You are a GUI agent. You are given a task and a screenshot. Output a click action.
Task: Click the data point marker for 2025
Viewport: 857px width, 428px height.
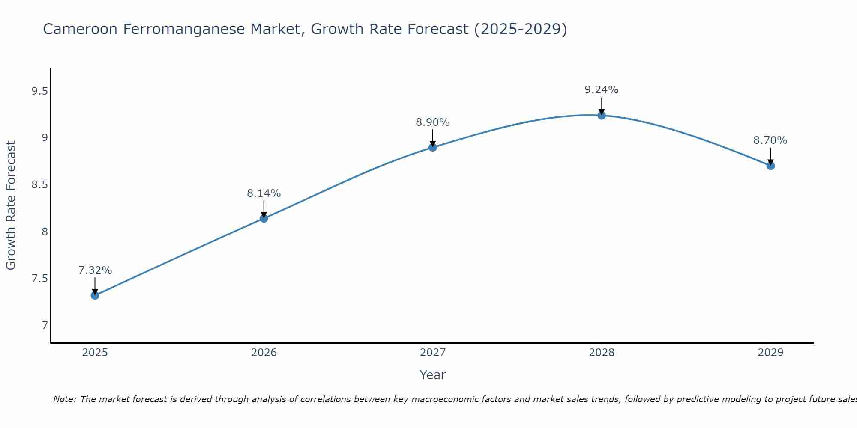coord(95,295)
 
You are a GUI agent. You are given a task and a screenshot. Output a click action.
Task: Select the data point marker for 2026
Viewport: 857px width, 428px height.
coord(264,218)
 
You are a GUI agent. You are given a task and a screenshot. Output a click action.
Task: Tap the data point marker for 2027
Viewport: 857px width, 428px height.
coord(433,147)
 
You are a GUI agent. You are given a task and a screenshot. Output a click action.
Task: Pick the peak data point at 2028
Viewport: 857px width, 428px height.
coord(602,115)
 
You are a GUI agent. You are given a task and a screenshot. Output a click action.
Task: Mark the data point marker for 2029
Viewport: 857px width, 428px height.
coord(770,166)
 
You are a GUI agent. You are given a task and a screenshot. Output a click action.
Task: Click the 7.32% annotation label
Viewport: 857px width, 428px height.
coord(95,270)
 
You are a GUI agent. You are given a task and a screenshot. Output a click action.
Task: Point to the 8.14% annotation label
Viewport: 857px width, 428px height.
coord(264,193)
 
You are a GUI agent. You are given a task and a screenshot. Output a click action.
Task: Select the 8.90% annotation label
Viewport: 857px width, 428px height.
coord(433,122)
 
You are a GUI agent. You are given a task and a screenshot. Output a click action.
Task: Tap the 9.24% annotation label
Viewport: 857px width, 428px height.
coord(602,90)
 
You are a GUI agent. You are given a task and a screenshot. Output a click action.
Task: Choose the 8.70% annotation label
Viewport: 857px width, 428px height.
coord(770,140)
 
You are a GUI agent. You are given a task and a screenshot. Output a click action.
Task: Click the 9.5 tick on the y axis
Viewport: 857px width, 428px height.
coord(39,91)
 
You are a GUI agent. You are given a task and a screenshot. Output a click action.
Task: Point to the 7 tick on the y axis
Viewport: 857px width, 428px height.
coord(45,326)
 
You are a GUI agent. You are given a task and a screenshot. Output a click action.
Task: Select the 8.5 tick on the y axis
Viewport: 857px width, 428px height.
coord(39,185)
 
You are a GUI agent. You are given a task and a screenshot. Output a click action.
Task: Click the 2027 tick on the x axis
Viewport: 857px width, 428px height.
coord(433,353)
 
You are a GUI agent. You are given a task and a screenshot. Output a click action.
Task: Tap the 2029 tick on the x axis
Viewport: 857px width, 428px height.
coord(770,353)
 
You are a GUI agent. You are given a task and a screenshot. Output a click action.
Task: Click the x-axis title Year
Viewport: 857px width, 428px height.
coord(433,375)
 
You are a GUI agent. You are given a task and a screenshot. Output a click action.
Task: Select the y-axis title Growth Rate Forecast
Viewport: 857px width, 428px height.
coord(11,205)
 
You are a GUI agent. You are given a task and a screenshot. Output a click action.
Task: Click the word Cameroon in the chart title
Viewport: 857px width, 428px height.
coord(81,29)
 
